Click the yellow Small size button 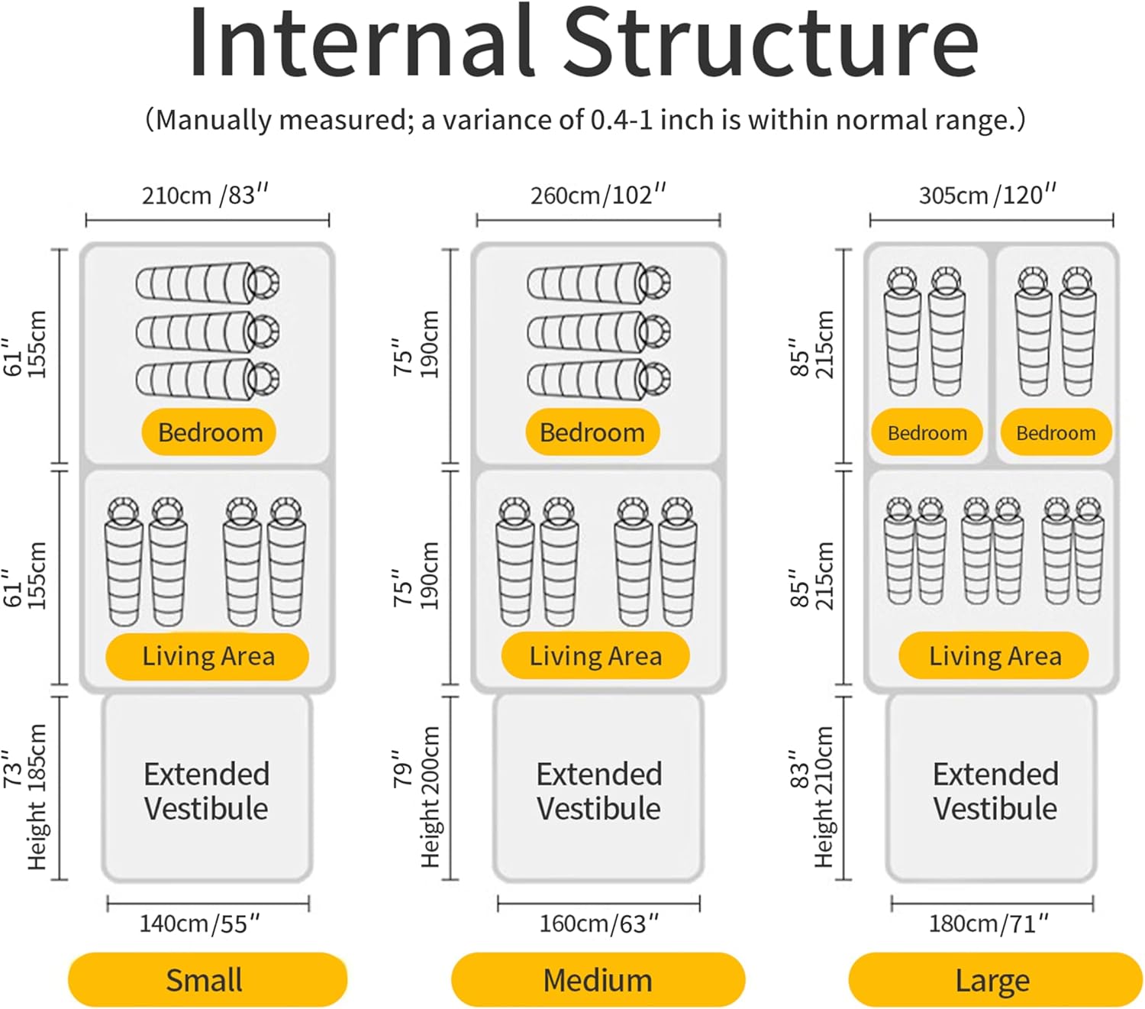(207, 979)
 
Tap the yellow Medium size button (598, 979)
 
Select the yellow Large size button (995, 979)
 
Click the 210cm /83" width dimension (205, 196)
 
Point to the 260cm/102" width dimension (598, 196)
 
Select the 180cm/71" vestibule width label (989, 923)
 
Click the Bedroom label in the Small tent (209, 432)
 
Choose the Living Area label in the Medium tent (595, 655)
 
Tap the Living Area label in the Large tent (994, 655)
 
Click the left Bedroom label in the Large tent (927, 433)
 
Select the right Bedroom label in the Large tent (1056, 433)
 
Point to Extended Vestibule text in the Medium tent (599, 791)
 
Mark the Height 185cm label (37, 797)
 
